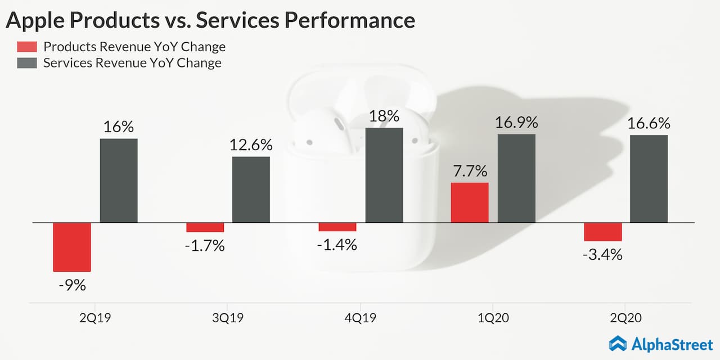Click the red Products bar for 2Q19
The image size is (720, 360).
pos(72,247)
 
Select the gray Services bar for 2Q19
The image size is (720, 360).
pos(119,181)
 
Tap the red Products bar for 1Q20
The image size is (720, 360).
pos(470,202)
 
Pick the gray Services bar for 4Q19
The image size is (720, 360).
pos(384,175)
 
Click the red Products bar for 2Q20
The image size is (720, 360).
pos(602,232)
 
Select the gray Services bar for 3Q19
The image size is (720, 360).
pos(251,190)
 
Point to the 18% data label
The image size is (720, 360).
pos(384,116)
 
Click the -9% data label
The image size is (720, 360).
pos(72,285)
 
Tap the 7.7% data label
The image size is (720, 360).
pos(470,171)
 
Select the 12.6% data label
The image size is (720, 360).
pos(251,145)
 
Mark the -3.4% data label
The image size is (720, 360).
pos(602,254)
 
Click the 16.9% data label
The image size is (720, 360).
pos(516,123)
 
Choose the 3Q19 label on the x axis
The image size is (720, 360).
pos(228,318)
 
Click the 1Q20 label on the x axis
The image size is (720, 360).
pos(493,318)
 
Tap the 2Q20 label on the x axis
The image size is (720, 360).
pos(626,318)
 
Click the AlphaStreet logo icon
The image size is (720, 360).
pos(618,344)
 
